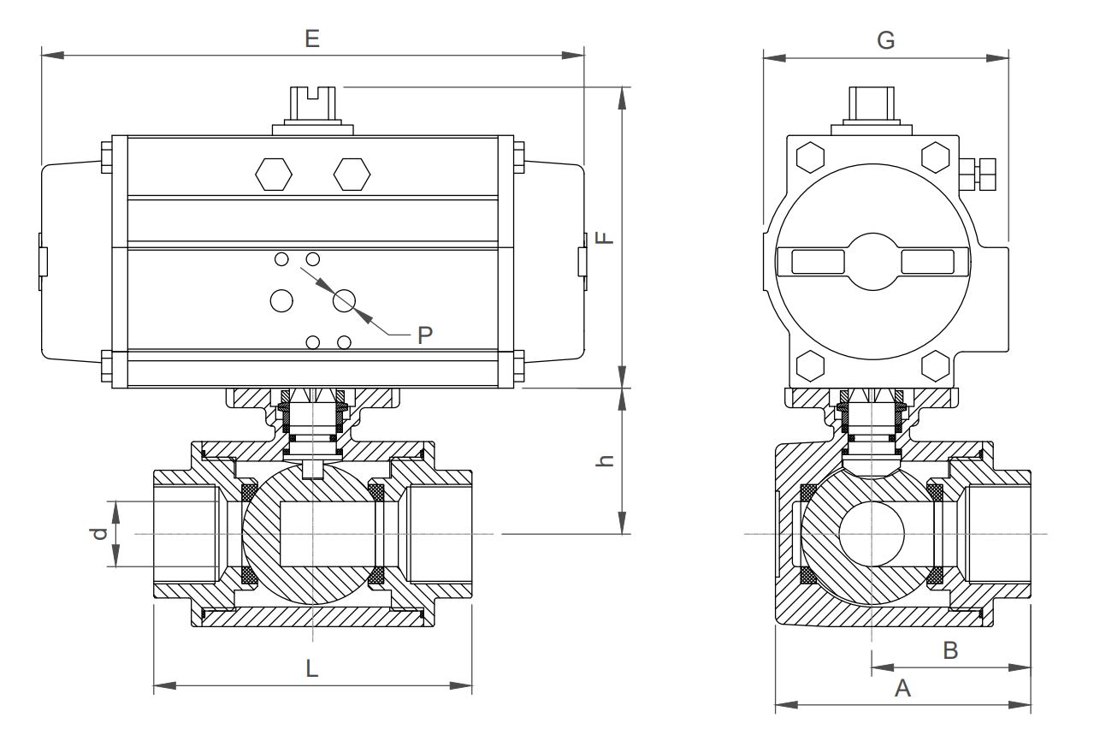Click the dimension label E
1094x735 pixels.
click(x=312, y=39)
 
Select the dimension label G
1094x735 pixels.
click(x=886, y=40)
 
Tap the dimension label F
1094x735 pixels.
click(x=605, y=236)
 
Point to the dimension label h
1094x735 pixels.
click(x=605, y=460)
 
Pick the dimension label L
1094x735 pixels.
click(x=312, y=668)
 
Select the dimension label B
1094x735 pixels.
click(x=949, y=650)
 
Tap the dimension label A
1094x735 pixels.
click(x=902, y=688)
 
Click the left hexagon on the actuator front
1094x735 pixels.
click(x=274, y=174)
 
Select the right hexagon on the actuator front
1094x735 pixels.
click(x=352, y=174)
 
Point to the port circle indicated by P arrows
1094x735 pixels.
click(x=345, y=300)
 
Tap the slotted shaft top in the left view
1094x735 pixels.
click(x=312, y=104)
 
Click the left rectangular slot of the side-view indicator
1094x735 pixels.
click(x=818, y=262)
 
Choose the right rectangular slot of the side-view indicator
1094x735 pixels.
click(x=928, y=262)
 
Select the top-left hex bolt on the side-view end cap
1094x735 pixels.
click(x=810, y=157)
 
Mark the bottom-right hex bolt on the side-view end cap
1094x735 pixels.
click(x=935, y=366)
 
